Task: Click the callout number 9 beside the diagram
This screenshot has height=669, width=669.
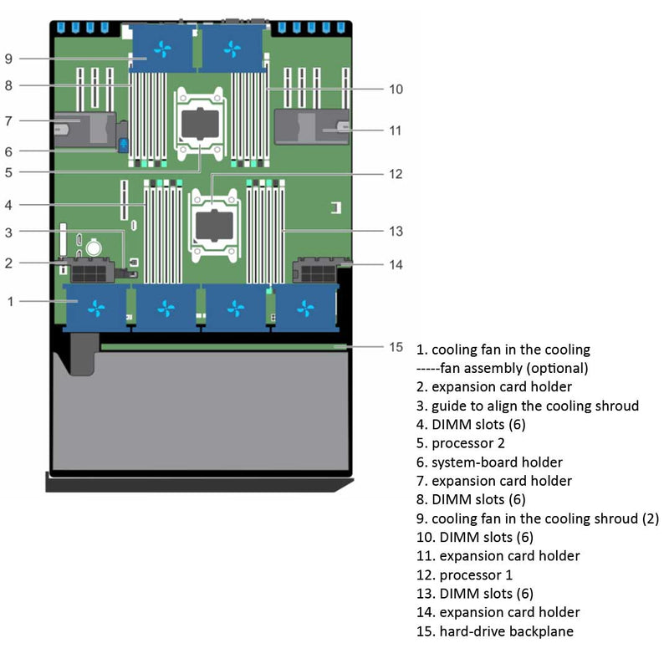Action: pyautogui.click(x=9, y=59)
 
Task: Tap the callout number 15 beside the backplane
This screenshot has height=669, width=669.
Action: pyautogui.click(x=396, y=346)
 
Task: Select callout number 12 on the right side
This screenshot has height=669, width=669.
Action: pyautogui.click(x=396, y=174)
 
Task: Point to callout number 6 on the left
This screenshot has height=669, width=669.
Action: pyautogui.click(x=9, y=151)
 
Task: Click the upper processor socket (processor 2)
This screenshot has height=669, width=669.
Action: pyautogui.click(x=198, y=123)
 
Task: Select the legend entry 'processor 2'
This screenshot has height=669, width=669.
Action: pyautogui.click(x=467, y=443)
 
